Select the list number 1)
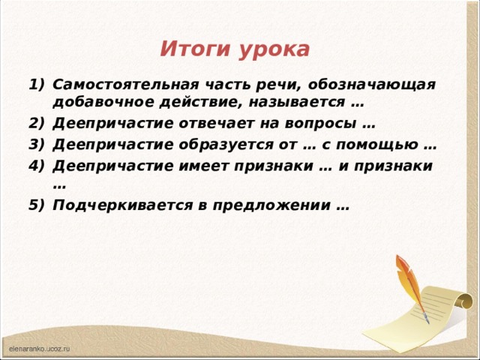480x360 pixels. [36, 85]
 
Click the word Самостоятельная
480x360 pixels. [127, 85]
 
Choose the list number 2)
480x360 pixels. [36, 124]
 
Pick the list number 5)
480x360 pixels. [36, 205]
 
